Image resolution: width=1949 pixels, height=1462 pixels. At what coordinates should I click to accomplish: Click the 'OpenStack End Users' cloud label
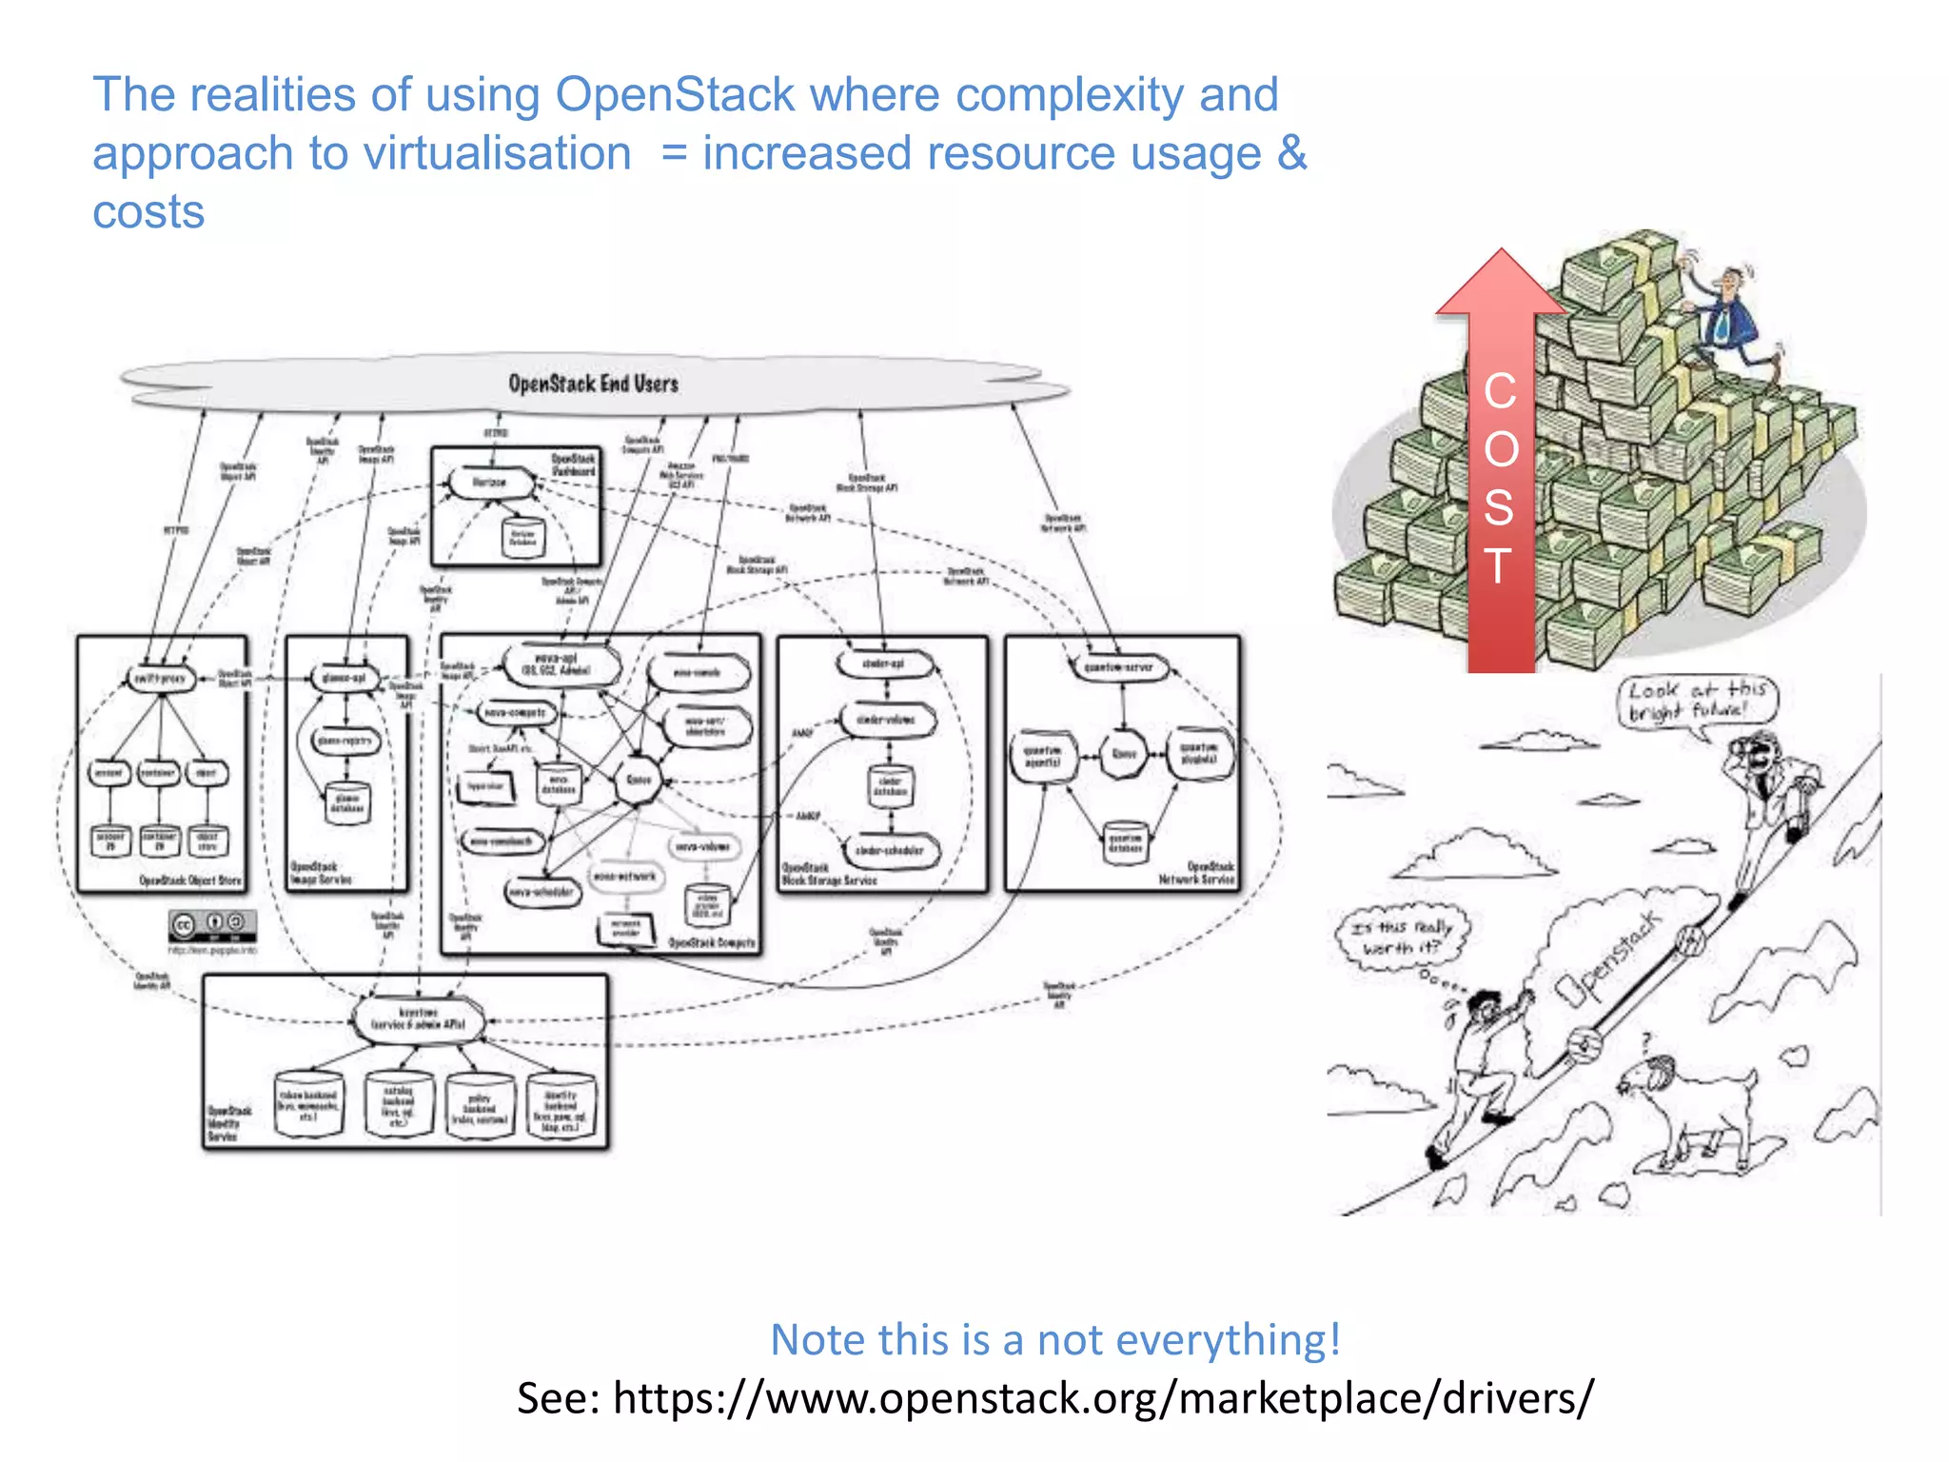[593, 384]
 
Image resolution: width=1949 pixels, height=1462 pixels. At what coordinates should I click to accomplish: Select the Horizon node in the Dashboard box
[490, 483]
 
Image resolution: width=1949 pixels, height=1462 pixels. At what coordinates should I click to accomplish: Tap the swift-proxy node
[160, 679]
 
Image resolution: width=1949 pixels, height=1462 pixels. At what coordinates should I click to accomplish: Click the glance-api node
[345, 679]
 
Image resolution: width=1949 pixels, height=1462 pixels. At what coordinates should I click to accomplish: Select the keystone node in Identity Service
[419, 1018]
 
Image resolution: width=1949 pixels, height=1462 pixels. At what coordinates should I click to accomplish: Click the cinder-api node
[883, 663]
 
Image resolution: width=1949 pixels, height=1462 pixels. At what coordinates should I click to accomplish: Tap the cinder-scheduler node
[890, 851]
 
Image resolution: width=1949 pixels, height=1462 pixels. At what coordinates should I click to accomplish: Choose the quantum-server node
[1118, 667]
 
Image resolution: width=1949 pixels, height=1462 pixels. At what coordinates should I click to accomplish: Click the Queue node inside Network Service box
[1124, 754]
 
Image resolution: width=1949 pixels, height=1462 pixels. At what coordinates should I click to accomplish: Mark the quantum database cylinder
[1125, 842]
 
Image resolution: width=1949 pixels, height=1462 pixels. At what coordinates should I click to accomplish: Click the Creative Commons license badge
[212, 923]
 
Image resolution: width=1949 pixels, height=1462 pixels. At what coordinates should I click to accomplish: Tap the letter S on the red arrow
[1499, 507]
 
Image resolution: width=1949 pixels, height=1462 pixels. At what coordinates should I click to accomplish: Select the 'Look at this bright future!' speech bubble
[1697, 701]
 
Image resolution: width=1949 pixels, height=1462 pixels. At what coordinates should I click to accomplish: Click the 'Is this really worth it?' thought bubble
[1403, 938]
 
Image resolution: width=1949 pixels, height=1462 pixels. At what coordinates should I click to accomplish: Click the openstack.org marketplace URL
[1102, 1397]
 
